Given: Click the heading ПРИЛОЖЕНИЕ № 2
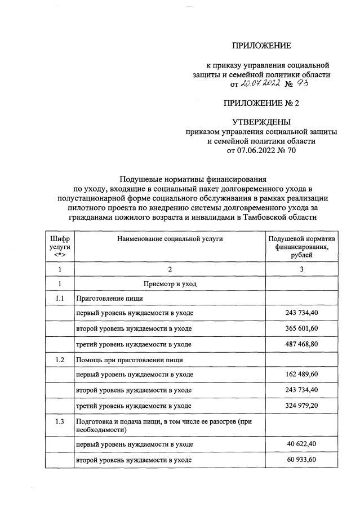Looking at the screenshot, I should point(261,103).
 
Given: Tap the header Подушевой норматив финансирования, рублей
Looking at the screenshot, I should point(301,247).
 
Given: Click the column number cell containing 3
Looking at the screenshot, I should point(301,269).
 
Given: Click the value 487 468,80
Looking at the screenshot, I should point(301,344).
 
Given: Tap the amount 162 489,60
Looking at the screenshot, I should point(301,375).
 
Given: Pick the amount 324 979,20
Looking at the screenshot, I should point(301,405).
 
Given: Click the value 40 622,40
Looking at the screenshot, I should point(301,445).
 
